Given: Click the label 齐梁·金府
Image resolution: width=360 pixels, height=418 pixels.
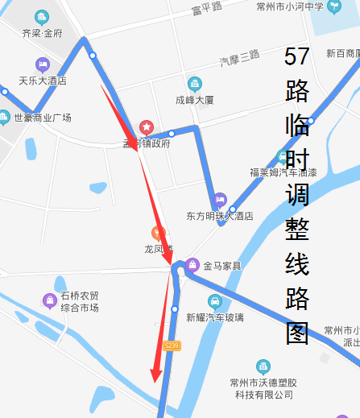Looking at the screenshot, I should click(42, 34).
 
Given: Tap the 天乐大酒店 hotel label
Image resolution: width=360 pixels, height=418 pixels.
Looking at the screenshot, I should click(43, 81).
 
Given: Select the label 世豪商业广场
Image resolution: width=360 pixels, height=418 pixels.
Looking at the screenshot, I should click(43, 118).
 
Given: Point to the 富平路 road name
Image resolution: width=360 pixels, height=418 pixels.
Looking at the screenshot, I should click(207, 9).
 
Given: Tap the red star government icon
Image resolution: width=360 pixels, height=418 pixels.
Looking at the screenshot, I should click(146, 126).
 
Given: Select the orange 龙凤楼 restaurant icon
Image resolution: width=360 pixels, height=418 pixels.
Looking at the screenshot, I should click(159, 233).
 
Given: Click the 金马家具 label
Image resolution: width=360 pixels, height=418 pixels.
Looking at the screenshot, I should click(222, 265).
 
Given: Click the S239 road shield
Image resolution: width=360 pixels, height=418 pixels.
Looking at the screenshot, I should click(171, 345).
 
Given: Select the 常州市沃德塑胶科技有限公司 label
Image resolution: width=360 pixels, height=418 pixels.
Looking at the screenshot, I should click(264, 387).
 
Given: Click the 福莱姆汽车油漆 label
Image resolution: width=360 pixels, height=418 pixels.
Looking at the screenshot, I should click(283, 172).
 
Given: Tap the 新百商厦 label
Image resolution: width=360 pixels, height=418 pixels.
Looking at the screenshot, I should click(342, 53).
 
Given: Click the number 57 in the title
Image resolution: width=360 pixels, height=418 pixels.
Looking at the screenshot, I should click(297, 56).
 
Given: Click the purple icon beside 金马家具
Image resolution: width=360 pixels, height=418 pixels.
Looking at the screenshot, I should click(192, 265).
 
